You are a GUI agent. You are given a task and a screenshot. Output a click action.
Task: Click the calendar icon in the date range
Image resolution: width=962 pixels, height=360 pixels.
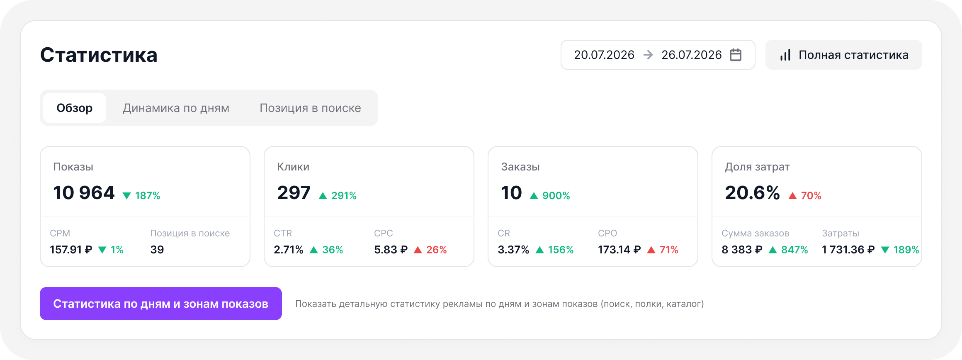coord(736,55)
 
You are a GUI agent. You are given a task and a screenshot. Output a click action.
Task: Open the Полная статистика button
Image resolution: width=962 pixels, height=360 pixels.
coord(843,55)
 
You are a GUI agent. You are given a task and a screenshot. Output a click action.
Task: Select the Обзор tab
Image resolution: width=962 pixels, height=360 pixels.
coord(75,108)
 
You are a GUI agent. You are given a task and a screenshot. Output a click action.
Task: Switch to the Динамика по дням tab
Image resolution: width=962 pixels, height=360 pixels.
coord(176,108)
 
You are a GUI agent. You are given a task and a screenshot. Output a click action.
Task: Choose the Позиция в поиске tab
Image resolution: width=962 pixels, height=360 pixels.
coord(310,108)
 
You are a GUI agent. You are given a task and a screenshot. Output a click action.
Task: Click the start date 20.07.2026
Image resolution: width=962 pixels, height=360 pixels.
coord(604,55)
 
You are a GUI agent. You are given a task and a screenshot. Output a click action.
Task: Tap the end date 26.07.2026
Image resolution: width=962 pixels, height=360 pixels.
coord(692,55)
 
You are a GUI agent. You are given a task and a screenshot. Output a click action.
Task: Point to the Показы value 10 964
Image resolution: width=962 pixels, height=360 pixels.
coord(84,192)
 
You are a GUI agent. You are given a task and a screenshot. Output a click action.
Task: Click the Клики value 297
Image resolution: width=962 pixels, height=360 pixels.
coord(294,192)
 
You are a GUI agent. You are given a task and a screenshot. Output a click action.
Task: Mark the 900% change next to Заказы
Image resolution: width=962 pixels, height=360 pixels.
coord(556,195)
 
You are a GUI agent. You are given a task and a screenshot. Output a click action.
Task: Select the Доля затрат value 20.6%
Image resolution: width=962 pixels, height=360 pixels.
coord(752,192)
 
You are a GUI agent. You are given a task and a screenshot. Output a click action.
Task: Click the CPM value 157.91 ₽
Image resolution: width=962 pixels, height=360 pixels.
coord(71,250)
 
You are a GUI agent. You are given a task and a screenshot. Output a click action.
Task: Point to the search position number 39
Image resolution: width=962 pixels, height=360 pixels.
coord(157,250)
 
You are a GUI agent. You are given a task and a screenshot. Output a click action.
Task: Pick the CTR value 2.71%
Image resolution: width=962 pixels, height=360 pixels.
coord(289,250)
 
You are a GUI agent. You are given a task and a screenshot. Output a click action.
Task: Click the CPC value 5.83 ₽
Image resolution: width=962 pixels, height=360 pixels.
coord(391,250)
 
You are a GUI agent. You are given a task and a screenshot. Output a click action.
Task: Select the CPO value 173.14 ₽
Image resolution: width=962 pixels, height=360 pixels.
coord(619,250)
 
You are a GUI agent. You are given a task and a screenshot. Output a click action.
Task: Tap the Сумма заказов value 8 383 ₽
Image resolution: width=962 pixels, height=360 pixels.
coord(742,250)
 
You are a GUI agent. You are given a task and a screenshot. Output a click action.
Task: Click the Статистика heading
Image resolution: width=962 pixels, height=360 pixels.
coord(99,55)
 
